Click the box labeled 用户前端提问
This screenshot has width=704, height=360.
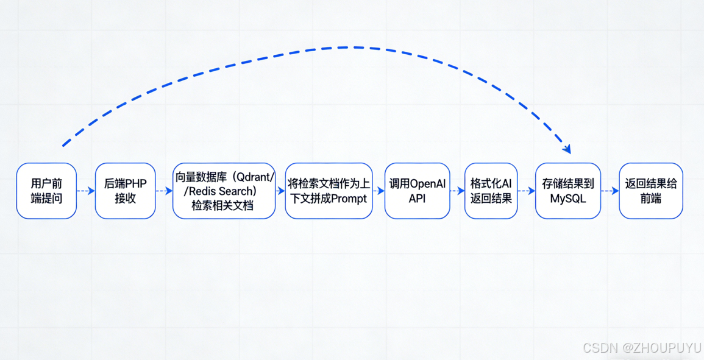46,191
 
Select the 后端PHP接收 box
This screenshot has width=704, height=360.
125,191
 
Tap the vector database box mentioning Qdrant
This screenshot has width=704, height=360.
224,191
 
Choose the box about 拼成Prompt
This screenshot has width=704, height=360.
329,191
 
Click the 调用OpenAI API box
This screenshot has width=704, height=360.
417,191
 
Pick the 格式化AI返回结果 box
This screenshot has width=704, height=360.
491,191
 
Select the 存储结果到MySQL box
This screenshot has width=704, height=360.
567,191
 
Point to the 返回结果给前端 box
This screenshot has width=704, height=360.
650,191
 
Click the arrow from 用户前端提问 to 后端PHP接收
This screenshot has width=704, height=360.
86,191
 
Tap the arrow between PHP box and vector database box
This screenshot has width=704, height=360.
164,191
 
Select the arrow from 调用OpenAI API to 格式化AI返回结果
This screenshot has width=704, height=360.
457,191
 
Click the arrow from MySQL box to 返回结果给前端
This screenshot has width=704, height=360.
610,191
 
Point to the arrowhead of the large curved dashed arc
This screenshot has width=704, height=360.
567,149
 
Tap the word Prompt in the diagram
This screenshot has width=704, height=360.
349,199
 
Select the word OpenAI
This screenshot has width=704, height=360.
428,183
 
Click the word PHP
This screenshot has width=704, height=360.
136,183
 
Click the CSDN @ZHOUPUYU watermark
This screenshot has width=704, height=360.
641,348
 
